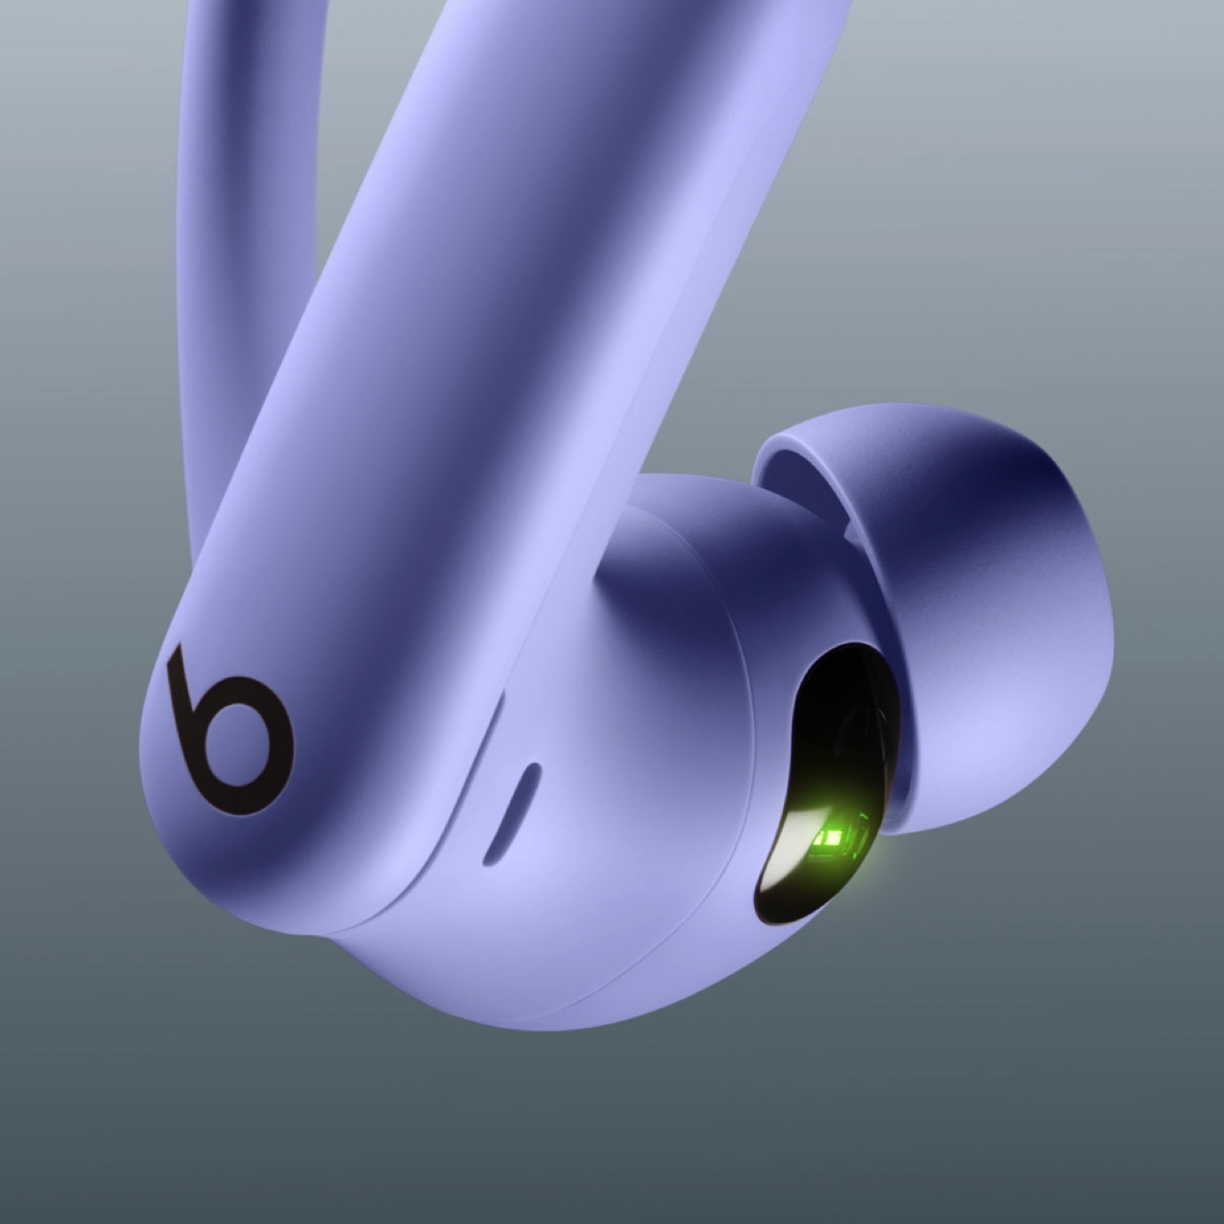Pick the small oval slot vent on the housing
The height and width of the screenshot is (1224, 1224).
tap(511, 813)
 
